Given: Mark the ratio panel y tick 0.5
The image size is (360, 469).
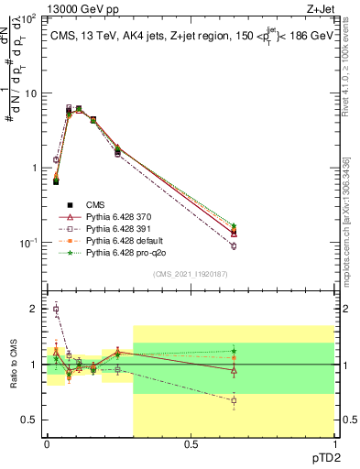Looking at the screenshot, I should point(31,420).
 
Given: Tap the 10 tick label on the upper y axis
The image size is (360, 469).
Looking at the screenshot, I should point(30,93).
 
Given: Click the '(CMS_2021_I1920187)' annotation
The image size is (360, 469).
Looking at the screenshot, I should point(191,273).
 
